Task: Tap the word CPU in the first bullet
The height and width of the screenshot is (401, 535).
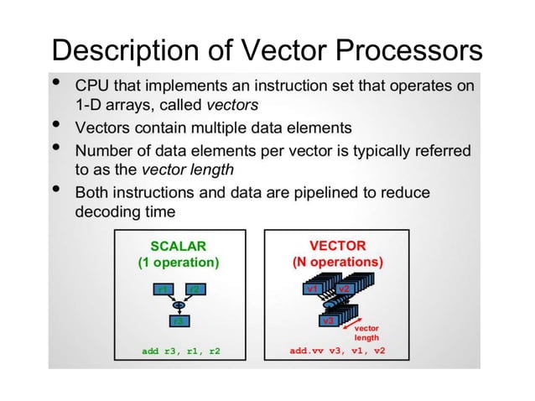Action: point(91,86)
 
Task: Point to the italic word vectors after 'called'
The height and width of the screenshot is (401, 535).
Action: point(232,106)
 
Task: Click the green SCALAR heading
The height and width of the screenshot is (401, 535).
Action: point(177,245)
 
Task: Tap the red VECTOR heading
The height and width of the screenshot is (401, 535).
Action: point(337,245)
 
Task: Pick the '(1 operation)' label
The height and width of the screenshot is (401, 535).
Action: point(177,263)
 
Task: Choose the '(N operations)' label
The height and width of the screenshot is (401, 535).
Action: point(337,263)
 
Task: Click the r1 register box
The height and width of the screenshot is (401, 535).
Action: point(162,289)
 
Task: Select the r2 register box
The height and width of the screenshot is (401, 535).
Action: point(194,289)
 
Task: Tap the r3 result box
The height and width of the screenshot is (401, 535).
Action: point(177,320)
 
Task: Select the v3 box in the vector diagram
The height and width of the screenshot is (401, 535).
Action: point(329,320)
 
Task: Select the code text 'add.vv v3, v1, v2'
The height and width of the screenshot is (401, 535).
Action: point(337,351)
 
